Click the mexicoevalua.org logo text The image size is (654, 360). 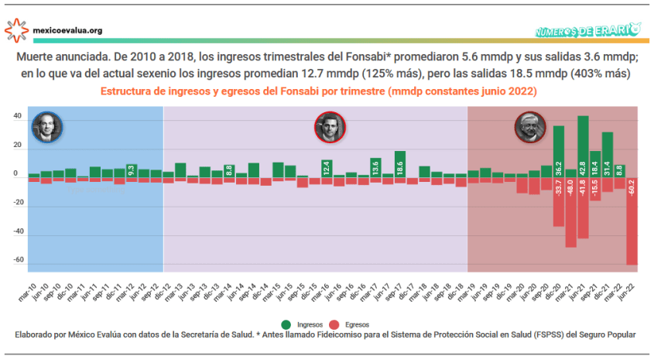[x=68, y=31]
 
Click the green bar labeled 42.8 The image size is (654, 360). [x=583, y=146]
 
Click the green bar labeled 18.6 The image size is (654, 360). [x=400, y=163]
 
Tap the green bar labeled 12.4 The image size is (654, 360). [x=327, y=167]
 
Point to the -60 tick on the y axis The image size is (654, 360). [x=17, y=260]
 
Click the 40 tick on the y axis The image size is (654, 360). [x=18, y=117]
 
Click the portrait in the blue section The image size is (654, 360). [x=46, y=127]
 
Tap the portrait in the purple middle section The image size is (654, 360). [x=330, y=127]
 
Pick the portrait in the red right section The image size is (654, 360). [x=530, y=128]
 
